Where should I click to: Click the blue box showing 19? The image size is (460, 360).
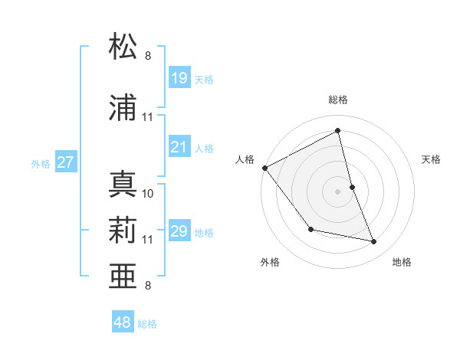coord(179,78)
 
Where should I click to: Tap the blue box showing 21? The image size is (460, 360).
coord(179,147)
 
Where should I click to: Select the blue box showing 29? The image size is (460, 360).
coord(179,231)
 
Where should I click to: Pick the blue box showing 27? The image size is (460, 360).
coord(66,162)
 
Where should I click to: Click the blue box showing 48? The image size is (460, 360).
coord(123,322)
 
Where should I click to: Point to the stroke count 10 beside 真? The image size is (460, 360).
coord(148,194)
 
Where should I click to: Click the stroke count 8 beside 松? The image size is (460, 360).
coord(148,55)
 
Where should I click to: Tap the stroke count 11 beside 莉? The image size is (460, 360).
coord(148,240)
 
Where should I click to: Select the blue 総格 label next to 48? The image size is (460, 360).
coord(147,324)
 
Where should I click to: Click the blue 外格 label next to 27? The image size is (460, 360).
coord(41,163)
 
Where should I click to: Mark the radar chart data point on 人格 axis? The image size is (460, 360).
coord(264,168)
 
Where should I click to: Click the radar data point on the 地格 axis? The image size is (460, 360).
coord(374,242)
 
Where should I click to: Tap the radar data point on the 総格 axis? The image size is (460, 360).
coord(338,130)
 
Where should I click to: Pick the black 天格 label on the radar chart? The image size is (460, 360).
coord(432,159)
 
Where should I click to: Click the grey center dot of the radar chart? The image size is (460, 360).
coord(338,191)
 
